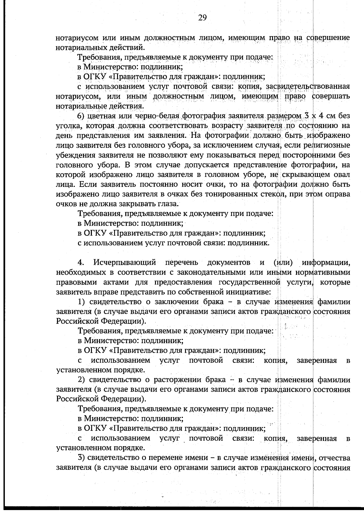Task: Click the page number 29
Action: point(202,18)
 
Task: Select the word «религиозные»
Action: point(327,145)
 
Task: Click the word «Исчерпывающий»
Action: point(125,262)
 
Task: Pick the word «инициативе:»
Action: point(248,292)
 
